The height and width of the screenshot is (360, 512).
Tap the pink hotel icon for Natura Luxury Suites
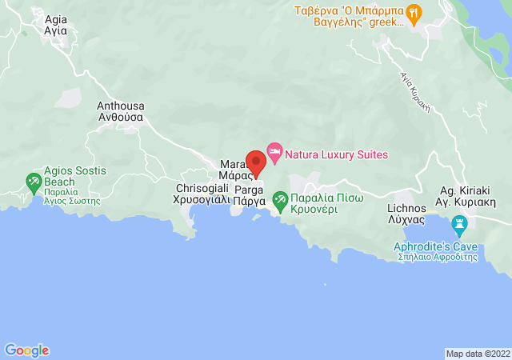274,150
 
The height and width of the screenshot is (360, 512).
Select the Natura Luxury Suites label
337,154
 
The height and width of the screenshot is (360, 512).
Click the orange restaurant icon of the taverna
414,12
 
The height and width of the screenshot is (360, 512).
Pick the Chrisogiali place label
202,194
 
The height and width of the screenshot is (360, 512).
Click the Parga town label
249,197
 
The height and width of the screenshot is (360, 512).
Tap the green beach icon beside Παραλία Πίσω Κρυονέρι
280,198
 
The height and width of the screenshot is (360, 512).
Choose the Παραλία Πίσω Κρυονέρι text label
327,202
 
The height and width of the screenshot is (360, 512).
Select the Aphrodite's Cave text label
435,251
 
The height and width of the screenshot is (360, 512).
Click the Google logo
26,350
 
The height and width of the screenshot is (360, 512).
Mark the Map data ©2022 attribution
477,354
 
